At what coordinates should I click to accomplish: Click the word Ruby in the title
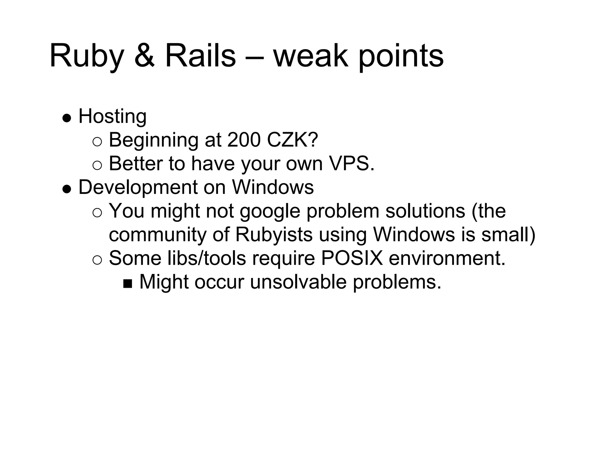[87, 57]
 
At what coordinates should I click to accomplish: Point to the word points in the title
[401, 57]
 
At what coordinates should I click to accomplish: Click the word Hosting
[112, 117]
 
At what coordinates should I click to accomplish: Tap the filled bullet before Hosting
[67, 118]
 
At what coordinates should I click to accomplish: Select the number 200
[244, 140]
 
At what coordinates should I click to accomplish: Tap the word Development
[137, 188]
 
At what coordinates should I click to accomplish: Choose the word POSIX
[352, 258]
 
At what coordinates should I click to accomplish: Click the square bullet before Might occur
[127, 284]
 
